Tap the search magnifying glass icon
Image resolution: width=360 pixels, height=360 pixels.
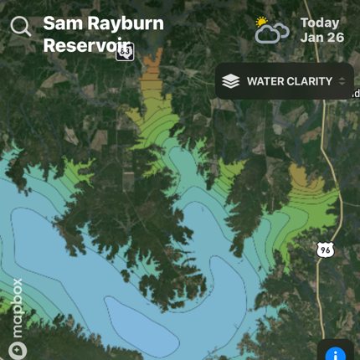pos(21,27)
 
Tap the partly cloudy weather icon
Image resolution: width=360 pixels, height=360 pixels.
pos(272,31)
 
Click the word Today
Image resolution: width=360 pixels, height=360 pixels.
pos(320,23)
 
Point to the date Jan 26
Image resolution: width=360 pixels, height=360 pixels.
pos(321,38)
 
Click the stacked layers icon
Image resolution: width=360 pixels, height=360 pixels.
pos(231,81)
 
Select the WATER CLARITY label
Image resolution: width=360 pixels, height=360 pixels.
pos(289,81)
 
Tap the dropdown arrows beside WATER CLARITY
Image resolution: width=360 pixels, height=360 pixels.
pos(342,81)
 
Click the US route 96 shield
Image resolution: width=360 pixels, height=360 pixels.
pos(326,249)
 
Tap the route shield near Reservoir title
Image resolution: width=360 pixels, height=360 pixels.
pos(125,52)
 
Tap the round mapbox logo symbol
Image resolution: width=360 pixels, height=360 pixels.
pos(18,350)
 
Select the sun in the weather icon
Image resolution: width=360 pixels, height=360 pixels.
pos(262,22)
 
